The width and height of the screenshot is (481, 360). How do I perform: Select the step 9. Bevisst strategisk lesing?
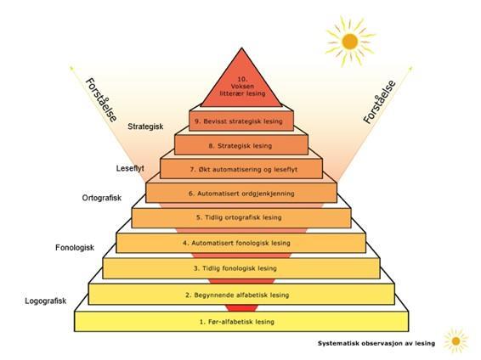click(x=241, y=121)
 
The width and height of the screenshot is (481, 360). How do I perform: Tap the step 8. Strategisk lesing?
click(x=241, y=145)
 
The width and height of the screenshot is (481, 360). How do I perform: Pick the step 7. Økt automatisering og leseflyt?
click(x=241, y=169)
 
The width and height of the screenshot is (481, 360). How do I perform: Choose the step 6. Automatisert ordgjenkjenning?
click(x=241, y=193)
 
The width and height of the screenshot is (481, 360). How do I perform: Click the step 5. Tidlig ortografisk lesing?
click(x=241, y=218)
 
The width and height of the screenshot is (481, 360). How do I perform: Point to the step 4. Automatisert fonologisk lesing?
click(x=240, y=243)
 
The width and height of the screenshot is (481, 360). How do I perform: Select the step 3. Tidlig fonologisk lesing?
click(x=241, y=268)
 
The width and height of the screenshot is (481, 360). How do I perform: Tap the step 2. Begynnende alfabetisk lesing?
click(x=241, y=295)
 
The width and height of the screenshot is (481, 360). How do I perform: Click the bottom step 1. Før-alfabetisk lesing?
click(x=241, y=322)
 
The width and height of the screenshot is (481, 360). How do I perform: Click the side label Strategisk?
click(x=145, y=127)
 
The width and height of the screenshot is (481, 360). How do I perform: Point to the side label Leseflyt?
click(x=130, y=168)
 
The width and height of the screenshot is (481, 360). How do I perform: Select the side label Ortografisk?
click(x=102, y=198)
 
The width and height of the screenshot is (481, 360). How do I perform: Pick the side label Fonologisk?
click(x=75, y=248)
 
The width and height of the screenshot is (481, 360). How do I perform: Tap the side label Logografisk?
click(x=45, y=301)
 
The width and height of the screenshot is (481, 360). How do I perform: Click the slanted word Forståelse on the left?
click(x=101, y=100)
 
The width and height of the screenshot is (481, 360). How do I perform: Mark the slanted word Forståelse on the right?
click(x=380, y=102)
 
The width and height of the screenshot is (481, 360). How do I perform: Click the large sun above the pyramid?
click(x=350, y=42)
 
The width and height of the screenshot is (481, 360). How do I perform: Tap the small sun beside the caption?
click(x=456, y=340)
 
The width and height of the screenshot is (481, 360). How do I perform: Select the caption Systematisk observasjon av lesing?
click(x=376, y=343)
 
